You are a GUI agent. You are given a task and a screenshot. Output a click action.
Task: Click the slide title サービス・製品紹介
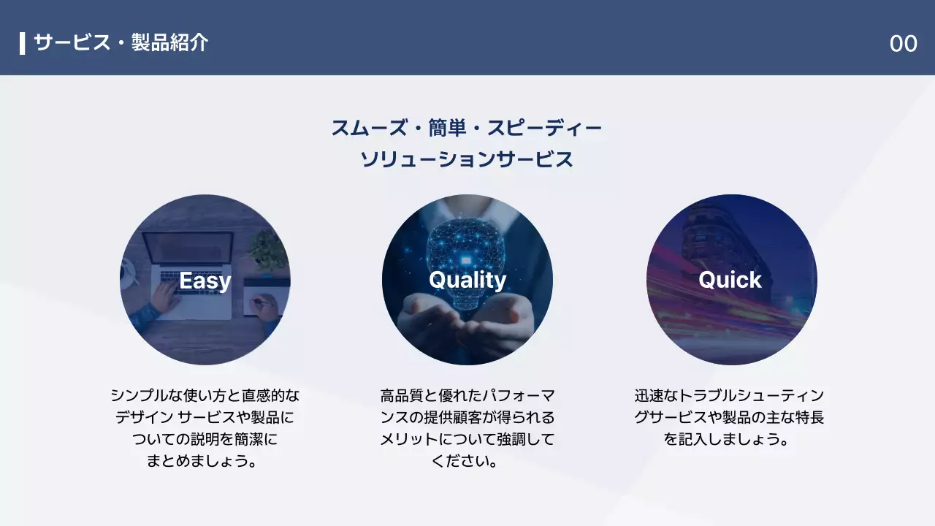pos(121,43)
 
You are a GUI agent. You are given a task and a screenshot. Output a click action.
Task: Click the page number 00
pos(903,44)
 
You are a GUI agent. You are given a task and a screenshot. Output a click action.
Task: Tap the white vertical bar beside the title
pos(23,43)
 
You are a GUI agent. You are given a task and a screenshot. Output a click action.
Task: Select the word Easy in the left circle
pos(205,281)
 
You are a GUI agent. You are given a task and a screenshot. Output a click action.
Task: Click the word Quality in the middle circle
pos(467,280)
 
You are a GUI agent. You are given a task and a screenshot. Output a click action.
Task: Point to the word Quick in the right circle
pos(730,280)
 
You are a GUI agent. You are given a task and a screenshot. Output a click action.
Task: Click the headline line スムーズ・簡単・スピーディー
pos(467,129)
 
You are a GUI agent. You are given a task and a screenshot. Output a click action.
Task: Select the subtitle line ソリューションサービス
pos(467,159)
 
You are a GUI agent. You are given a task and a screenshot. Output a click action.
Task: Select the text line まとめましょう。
pos(205,462)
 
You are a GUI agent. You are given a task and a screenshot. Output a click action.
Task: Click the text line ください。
pos(467,462)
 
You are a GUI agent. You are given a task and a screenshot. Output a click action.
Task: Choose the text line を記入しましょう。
pos(729,440)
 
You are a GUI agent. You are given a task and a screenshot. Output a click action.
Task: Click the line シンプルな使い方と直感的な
pos(205,396)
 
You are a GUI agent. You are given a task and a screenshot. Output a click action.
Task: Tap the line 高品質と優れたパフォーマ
pos(467,396)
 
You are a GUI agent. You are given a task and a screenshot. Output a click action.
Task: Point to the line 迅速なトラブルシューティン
pos(729,396)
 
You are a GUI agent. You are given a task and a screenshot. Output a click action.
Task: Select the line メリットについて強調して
pos(467,440)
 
